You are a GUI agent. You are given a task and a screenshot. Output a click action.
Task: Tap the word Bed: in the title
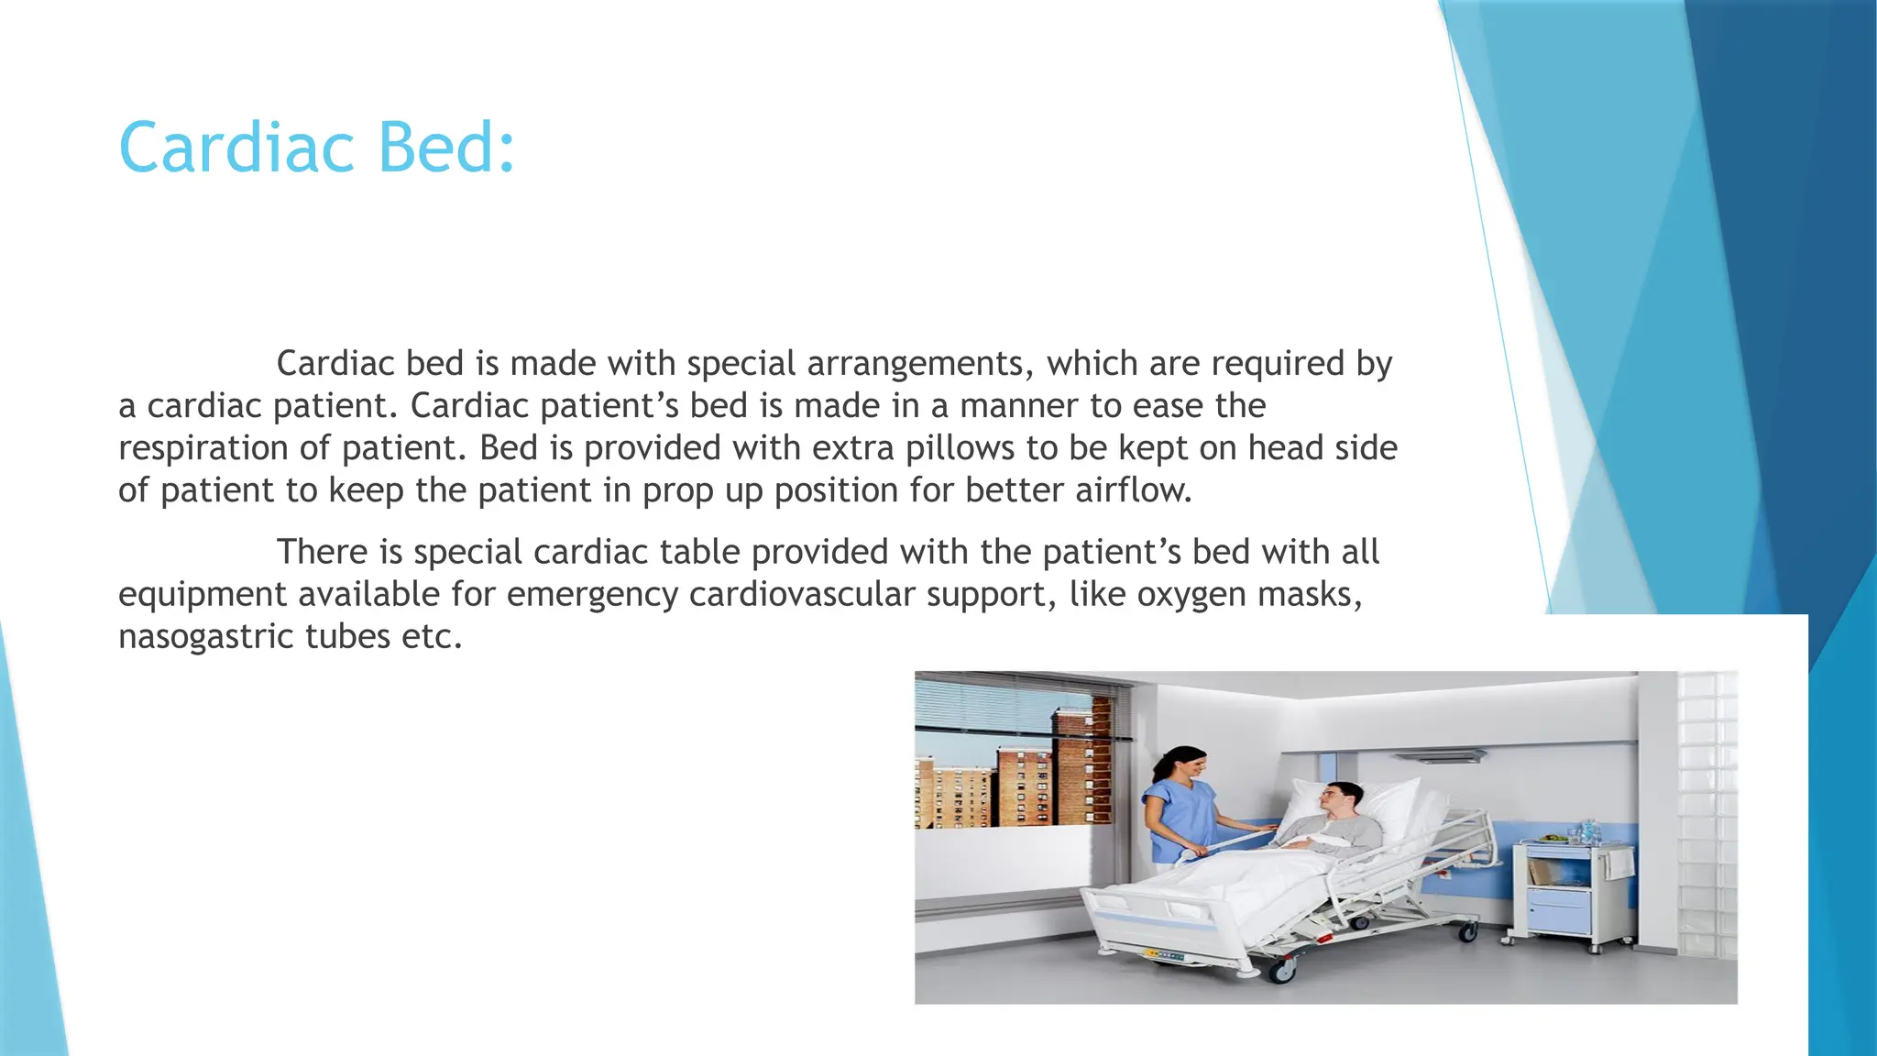(x=446, y=148)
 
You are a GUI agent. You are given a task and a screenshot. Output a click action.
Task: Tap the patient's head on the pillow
(x=1339, y=797)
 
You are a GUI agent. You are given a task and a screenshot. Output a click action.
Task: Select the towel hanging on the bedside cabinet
(x=1621, y=863)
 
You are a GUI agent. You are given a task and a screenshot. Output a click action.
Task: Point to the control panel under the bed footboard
(x=1163, y=955)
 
